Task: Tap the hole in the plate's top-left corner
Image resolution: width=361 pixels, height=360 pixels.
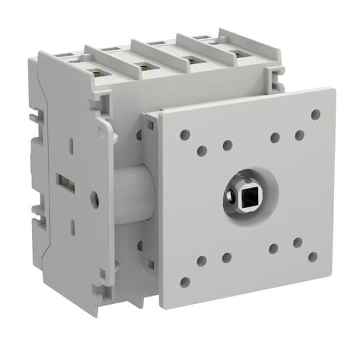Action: click(x=185, y=135)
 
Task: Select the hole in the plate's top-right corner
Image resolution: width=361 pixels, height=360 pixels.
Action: click(x=316, y=115)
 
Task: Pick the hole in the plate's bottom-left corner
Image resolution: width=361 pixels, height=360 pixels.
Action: click(x=185, y=281)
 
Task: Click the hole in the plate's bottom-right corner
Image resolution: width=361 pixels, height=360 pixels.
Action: click(x=312, y=257)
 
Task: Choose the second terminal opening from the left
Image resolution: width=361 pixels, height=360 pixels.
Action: click(x=143, y=65)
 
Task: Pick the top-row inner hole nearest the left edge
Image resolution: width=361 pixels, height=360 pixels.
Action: click(x=202, y=151)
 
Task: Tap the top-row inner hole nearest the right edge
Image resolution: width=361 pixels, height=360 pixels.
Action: click(x=300, y=135)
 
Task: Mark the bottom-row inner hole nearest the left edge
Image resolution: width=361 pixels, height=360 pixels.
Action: click(x=202, y=261)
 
